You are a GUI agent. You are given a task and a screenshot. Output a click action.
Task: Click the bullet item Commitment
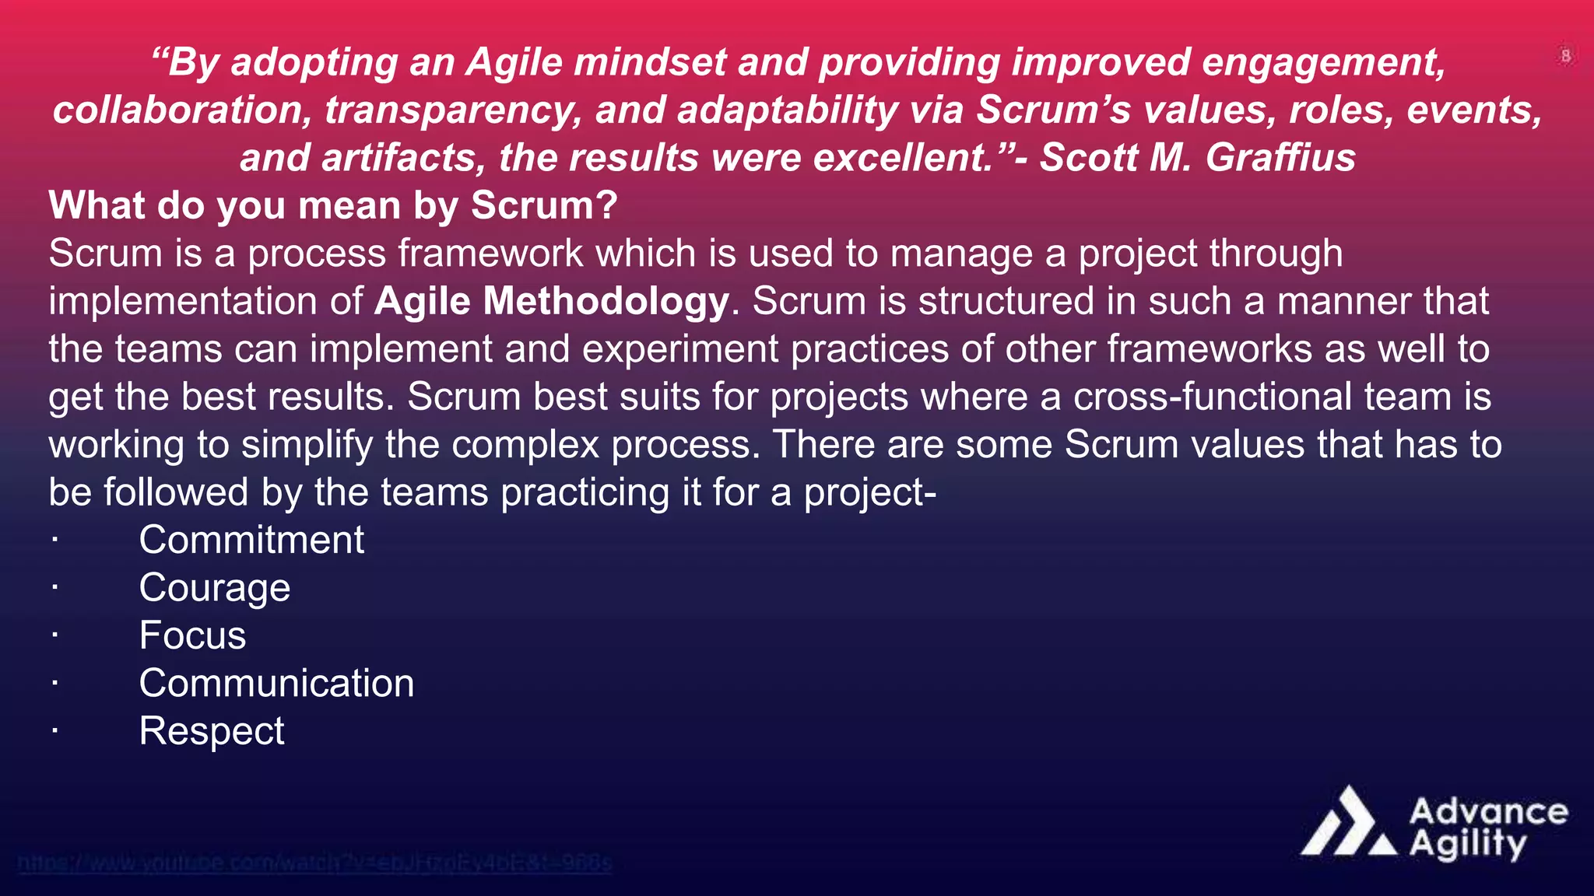point(251,540)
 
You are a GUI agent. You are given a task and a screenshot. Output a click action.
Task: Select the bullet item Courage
point(214,588)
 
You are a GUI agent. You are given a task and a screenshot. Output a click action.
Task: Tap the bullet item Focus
point(192,635)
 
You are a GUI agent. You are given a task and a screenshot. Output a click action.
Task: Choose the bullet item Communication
point(276,684)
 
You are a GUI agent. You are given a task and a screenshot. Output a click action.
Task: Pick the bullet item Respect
point(211,731)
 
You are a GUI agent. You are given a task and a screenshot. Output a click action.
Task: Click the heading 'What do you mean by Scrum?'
point(332,205)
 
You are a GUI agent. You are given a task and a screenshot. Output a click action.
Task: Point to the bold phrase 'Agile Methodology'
point(551,301)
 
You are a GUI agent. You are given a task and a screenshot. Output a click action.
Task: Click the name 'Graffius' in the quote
point(1280,157)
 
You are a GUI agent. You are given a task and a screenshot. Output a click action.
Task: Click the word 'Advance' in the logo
point(1488,811)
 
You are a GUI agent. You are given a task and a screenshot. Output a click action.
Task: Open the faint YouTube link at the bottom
point(314,863)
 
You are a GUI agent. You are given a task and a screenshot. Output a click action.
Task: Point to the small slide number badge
point(1565,56)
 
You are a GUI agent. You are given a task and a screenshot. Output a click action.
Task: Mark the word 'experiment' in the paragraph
point(679,349)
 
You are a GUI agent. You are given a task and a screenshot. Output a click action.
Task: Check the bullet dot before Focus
point(54,635)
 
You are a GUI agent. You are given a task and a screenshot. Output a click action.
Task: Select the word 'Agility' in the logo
point(1468,845)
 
